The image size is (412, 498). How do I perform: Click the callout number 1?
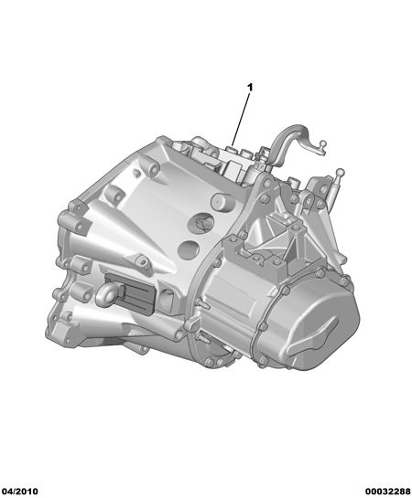pos(250,88)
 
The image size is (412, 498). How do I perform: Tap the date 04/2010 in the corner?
pos(19,492)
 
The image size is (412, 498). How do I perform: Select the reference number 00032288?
pos(387,492)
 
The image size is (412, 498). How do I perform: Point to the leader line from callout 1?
pos(240,119)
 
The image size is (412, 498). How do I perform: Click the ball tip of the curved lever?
pos(322,143)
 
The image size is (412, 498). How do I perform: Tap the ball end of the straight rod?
pos(341,173)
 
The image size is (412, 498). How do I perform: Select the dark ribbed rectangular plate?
pos(131,292)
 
